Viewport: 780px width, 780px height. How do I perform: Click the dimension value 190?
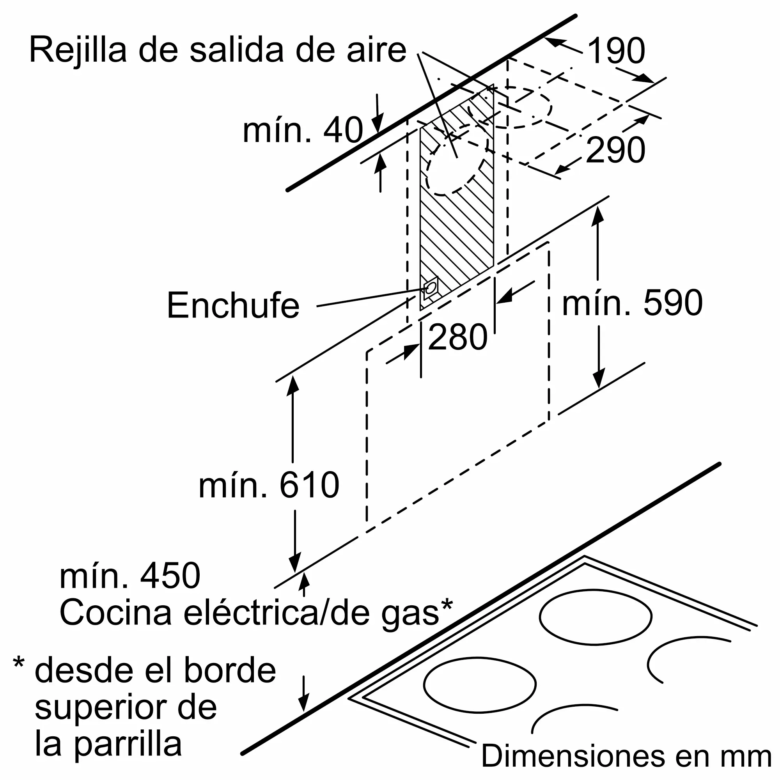616,51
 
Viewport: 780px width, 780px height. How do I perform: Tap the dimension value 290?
615,150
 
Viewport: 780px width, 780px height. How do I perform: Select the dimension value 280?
457,337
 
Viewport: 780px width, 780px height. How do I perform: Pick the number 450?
170,576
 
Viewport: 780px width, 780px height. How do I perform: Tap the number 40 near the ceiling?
343,130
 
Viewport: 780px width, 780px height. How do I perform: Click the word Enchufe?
233,306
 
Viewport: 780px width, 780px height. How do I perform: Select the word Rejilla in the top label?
78,51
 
